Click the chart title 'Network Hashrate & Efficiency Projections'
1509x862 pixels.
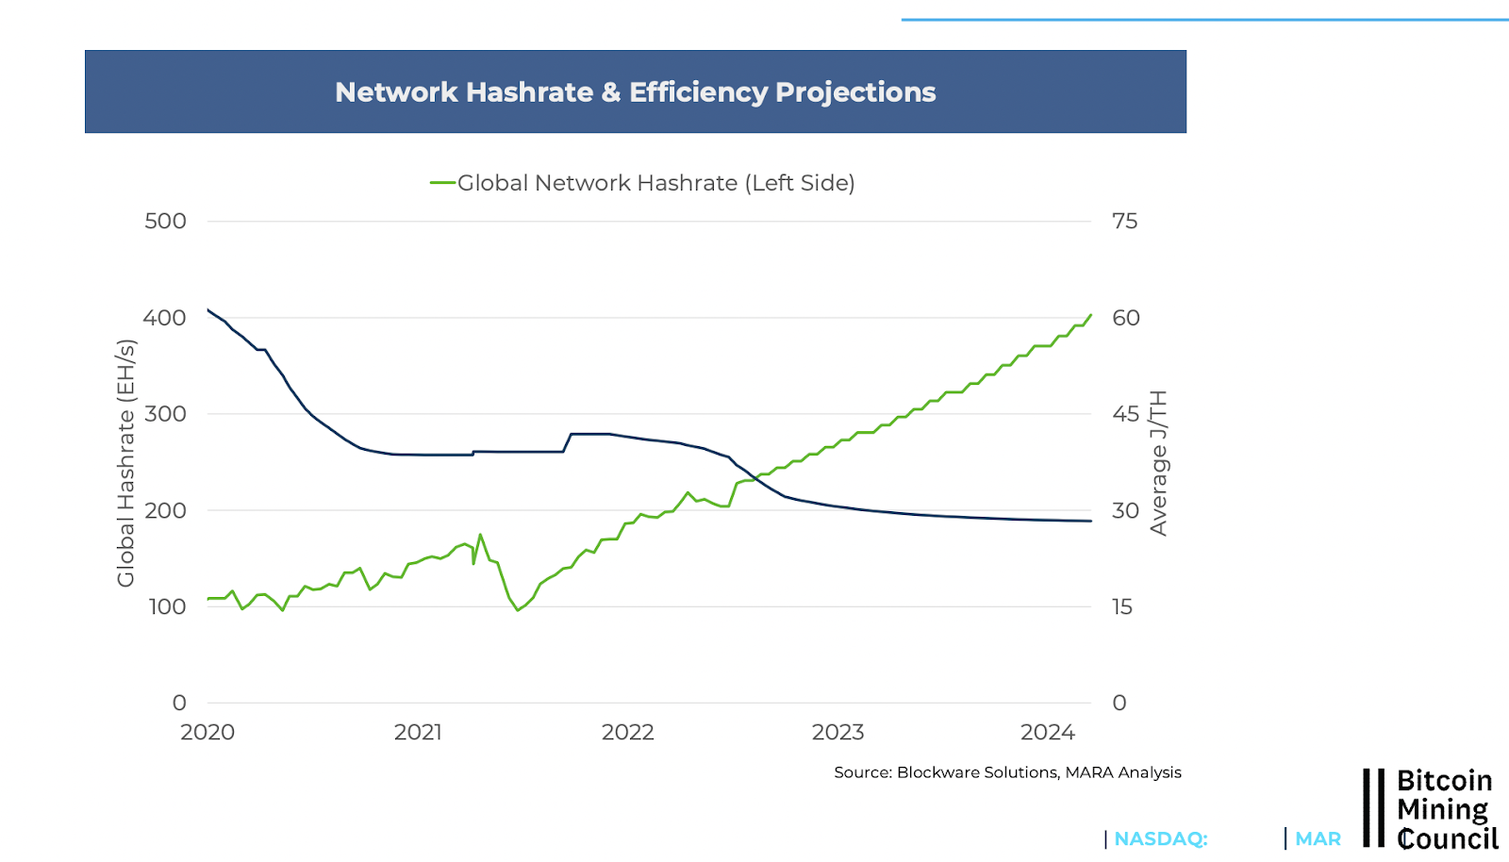coord(635,92)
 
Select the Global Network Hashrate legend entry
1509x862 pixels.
coord(642,183)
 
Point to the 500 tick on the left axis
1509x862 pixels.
coord(165,222)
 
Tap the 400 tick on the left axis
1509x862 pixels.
coord(165,318)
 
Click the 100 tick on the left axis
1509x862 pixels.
coord(167,606)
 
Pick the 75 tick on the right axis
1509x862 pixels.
coord(1124,222)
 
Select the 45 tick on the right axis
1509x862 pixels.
coord(1125,414)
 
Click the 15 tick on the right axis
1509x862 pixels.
coord(1121,606)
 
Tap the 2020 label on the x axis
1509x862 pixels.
coord(207,733)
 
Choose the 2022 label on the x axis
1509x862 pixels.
coord(627,733)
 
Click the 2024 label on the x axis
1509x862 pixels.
coord(1047,733)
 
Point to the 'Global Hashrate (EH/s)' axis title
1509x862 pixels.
coord(125,463)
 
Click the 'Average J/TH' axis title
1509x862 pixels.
coord(1158,463)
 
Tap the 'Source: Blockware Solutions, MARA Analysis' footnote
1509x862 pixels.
coord(1007,772)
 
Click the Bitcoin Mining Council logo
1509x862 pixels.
coord(1430,809)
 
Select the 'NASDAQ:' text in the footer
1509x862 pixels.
coord(1160,838)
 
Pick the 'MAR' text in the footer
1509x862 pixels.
coord(1318,838)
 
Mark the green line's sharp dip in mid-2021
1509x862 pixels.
coord(518,610)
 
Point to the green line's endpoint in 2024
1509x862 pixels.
coord(1091,315)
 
